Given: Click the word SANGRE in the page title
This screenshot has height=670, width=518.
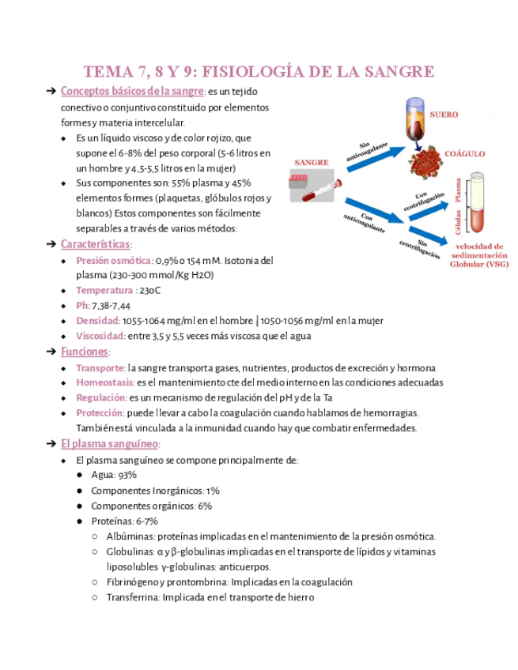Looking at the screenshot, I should (x=395, y=72).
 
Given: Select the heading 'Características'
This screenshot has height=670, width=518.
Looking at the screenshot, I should (x=96, y=244).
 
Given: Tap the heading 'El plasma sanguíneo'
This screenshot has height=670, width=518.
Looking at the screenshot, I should (x=110, y=444).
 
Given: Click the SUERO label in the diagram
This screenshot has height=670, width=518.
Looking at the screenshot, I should (x=444, y=115).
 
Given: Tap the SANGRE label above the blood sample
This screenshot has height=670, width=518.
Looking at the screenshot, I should (x=311, y=162).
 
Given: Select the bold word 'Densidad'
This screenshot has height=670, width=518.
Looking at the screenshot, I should (x=97, y=320).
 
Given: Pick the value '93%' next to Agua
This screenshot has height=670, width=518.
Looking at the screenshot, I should (x=127, y=475).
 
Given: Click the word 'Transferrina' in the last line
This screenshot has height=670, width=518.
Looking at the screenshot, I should (x=132, y=597).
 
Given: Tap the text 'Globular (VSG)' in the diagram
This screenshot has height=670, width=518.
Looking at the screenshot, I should (x=479, y=265).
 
